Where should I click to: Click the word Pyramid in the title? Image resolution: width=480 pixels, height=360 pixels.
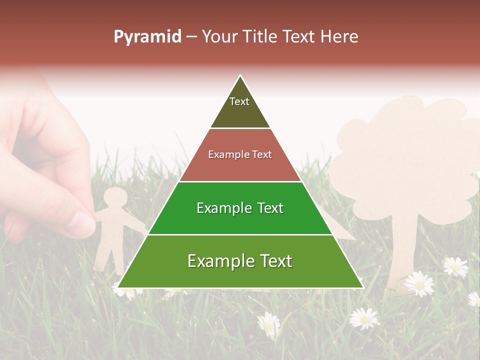147,37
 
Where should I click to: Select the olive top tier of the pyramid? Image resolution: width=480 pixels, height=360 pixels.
240,112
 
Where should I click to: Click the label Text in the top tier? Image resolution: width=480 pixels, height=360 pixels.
239,101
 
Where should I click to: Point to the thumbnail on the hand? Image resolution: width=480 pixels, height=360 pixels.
81,224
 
